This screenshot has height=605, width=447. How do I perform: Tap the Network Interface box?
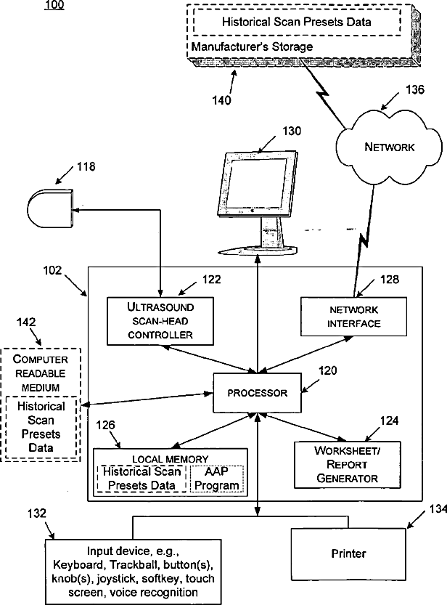tap(353, 317)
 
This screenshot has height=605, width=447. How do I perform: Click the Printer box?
tap(348, 553)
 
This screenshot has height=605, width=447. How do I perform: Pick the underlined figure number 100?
tap(54, 6)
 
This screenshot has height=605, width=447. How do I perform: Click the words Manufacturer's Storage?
tap(252, 46)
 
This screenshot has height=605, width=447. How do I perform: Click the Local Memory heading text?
tap(170, 459)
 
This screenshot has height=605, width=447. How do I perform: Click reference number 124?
tap(389, 419)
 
